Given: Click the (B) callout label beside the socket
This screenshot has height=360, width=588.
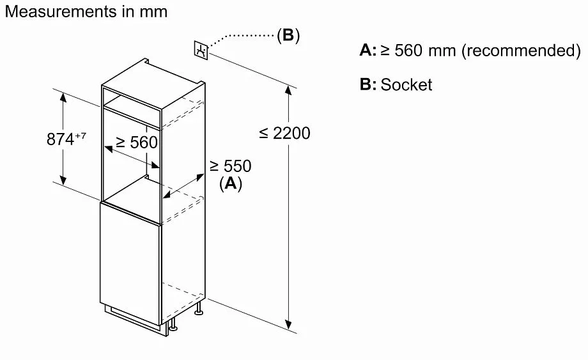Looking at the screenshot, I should pyautogui.click(x=288, y=36).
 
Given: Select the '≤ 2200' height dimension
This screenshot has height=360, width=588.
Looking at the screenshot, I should pyautogui.click(x=285, y=133).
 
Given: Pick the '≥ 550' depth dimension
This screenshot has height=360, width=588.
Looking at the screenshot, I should pyautogui.click(x=230, y=166).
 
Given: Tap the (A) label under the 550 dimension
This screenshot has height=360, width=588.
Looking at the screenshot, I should pyautogui.click(x=230, y=184).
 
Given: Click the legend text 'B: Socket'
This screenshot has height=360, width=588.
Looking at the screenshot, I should pyautogui.click(x=396, y=84).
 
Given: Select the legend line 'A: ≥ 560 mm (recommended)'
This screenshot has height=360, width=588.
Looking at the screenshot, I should pyautogui.click(x=470, y=51).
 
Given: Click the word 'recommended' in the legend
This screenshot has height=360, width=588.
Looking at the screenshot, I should pyautogui.click(x=520, y=51).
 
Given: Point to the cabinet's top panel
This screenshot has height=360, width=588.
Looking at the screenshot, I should pyautogui.click(x=153, y=74).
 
